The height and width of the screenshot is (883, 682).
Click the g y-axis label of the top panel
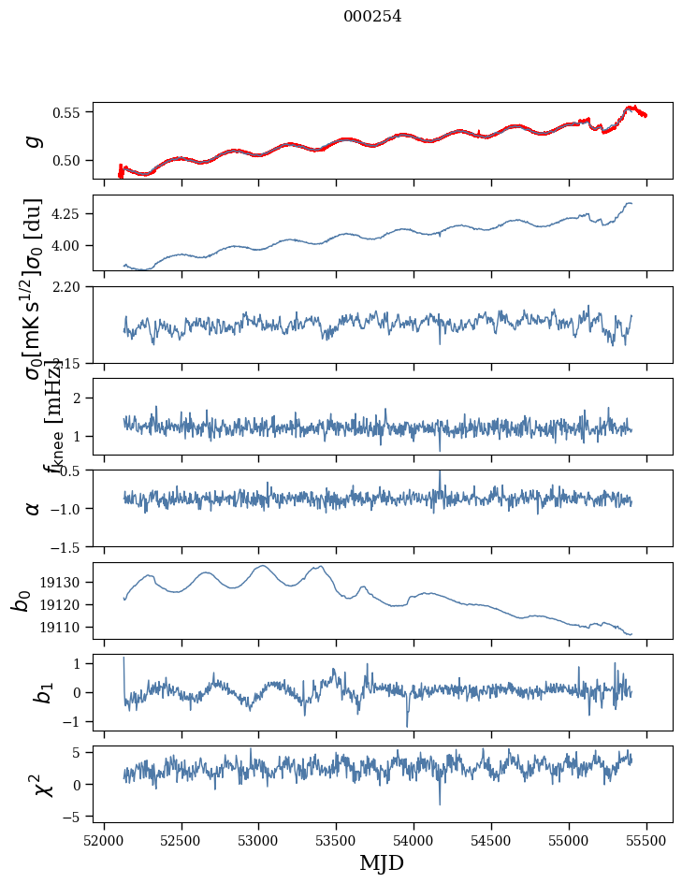point(34,140)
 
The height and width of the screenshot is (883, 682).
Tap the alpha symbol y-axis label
point(33,508)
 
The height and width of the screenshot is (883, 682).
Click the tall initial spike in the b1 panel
point(123,659)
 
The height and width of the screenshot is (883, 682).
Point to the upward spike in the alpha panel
point(440,473)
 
